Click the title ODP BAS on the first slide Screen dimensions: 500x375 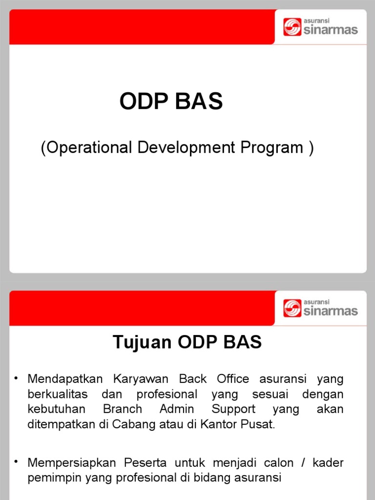coord(171,102)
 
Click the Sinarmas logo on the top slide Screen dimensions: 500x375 coord(320,27)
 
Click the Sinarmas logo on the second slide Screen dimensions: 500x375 coord(320,308)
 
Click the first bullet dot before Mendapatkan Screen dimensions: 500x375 coord(17,378)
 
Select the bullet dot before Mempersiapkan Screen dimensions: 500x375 coord(17,462)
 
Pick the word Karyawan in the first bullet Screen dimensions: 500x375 coord(141,379)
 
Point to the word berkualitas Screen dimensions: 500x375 coord(58,394)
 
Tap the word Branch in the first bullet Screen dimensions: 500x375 coord(123,409)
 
